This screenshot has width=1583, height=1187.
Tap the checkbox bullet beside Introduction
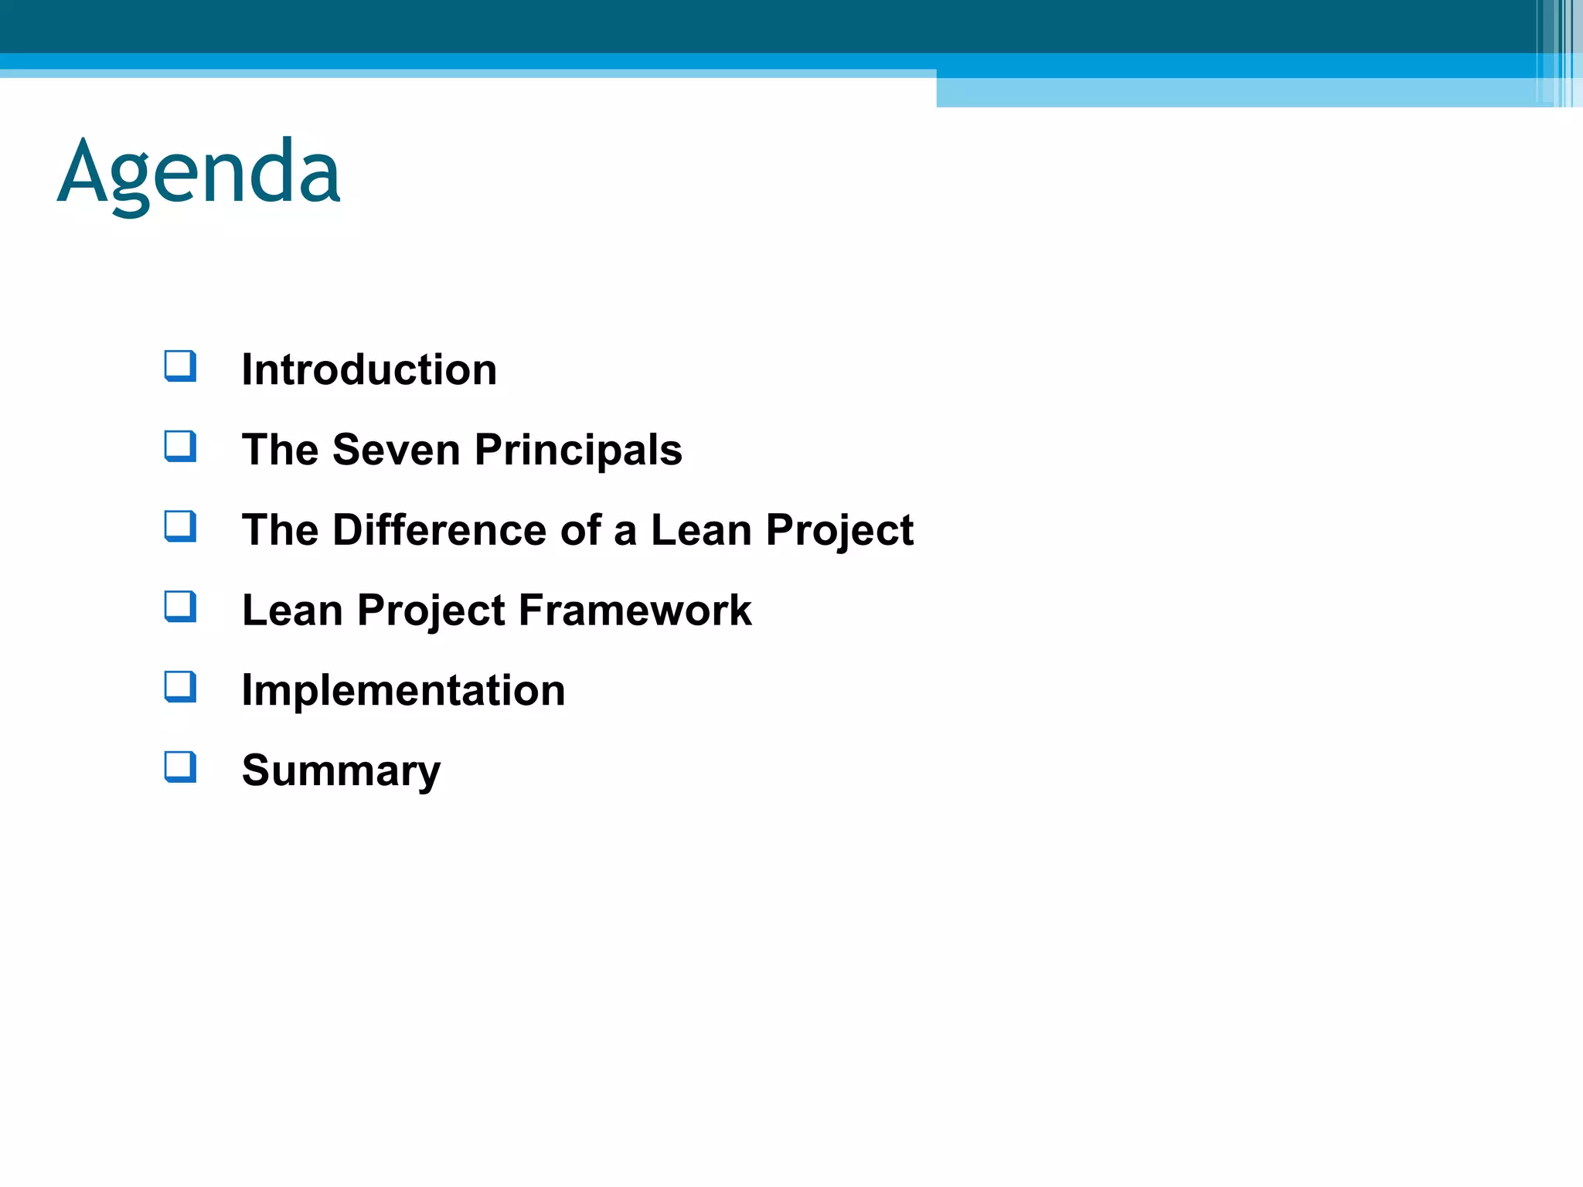tap(180, 366)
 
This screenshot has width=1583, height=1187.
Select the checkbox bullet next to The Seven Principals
tap(180, 446)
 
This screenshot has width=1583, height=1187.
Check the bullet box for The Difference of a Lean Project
tap(180, 526)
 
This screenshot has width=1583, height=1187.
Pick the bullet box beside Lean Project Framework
tap(180, 607)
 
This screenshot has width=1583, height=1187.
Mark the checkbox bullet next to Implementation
tap(180, 686)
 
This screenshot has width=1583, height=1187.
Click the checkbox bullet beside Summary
tap(180, 767)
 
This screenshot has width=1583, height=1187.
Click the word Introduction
tap(369, 369)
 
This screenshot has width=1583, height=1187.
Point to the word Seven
tap(396, 450)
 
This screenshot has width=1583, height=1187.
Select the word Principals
tap(578, 450)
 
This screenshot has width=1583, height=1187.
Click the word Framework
tap(635, 611)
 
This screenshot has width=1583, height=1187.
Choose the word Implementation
tap(403, 690)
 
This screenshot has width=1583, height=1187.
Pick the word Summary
tap(341, 770)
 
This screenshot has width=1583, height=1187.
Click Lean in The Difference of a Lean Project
tap(701, 530)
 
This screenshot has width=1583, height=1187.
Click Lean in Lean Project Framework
tap(291, 611)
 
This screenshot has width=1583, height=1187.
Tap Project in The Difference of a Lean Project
tap(839, 530)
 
